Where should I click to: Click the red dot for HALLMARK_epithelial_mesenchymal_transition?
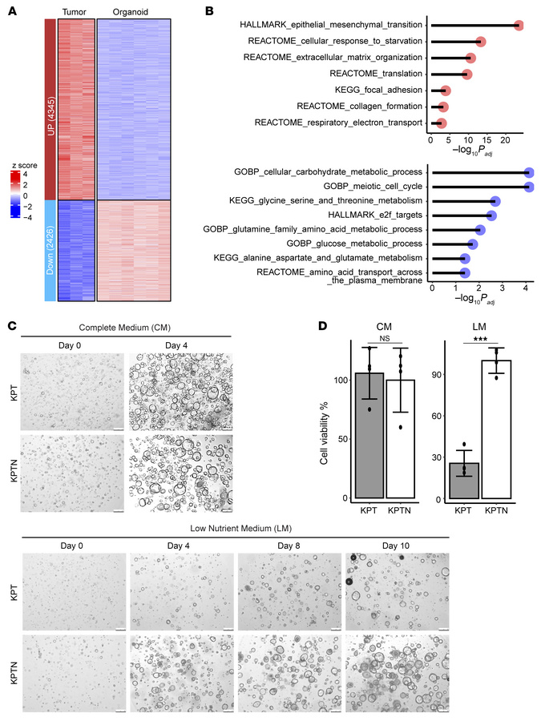(519, 26)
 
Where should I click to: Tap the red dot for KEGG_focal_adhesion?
(446, 91)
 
